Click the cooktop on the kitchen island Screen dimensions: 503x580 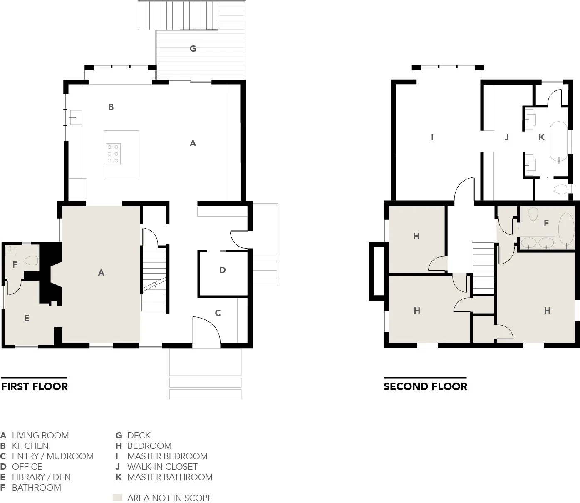[113, 154]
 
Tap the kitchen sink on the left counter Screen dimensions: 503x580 [75, 117]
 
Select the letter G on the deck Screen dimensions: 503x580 [193, 49]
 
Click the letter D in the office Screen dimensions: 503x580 [223, 270]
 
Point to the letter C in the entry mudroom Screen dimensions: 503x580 [218, 313]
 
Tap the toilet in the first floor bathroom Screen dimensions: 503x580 [32, 261]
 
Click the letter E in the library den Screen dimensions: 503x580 [27, 319]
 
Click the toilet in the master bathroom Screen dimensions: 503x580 [560, 190]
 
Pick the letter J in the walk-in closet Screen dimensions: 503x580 [506, 137]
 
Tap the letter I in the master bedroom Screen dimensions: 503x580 [432, 137]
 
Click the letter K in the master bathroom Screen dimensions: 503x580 [541, 137]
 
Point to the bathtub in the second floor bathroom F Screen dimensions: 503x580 [565, 230]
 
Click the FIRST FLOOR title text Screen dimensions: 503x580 [35, 386]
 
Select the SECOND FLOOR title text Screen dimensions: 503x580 [425, 386]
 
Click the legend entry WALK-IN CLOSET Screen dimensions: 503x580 [162, 467]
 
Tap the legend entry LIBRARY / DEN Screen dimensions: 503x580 [41, 477]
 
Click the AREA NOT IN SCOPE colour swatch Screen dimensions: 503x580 [118, 498]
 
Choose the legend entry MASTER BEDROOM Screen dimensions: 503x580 [167, 456]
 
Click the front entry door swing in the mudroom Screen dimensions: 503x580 [207, 329]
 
